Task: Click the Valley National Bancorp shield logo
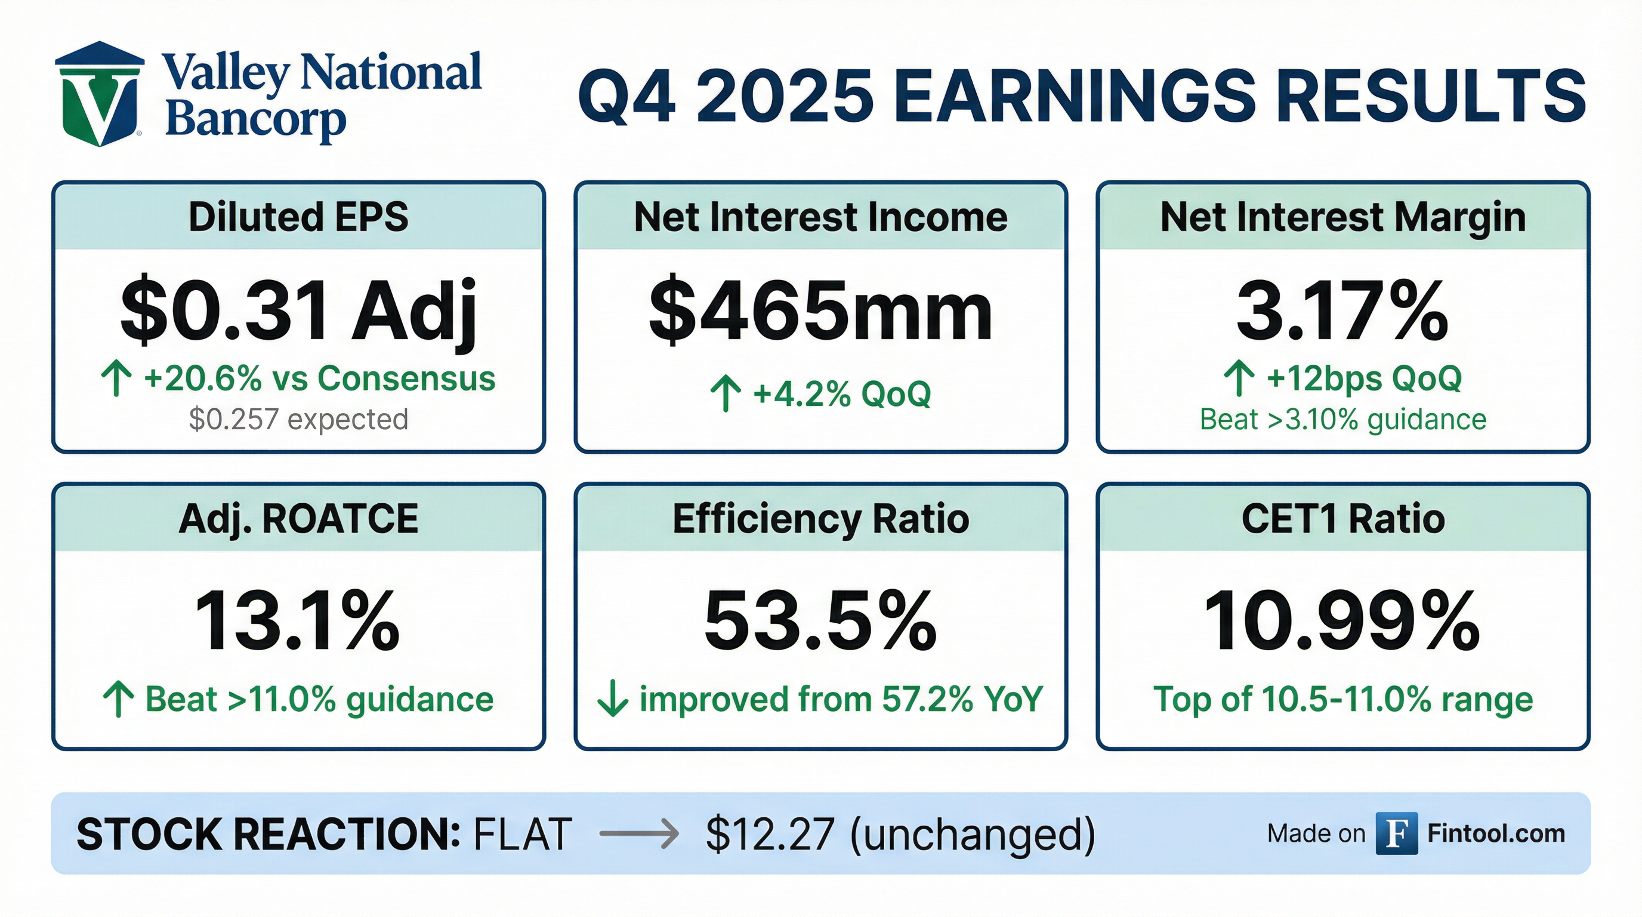tap(100, 94)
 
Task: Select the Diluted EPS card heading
tap(298, 217)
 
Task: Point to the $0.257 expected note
tap(298, 420)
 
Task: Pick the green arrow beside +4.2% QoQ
tap(726, 393)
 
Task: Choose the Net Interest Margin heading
tap(1343, 217)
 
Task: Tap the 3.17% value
tap(1342, 311)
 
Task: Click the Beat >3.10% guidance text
tap(1343, 420)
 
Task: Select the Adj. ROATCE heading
tap(298, 519)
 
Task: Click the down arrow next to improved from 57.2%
tap(613, 699)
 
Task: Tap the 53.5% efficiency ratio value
tap(820, 620)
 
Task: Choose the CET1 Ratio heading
tap(1343, 518)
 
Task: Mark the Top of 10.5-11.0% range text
tap(1343, 699)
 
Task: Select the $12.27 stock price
tap(769, 833)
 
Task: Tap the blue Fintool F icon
tap(1397, 833)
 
